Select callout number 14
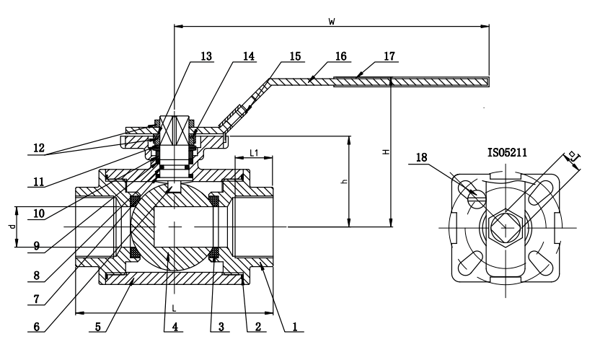[x=249, y=56]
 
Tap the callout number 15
[x=296, y=56]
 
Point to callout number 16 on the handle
[x=341, y=56]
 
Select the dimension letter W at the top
[x=331, y=21]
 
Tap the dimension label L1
[x=255, y=153]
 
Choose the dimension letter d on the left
[x=11, y=227]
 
